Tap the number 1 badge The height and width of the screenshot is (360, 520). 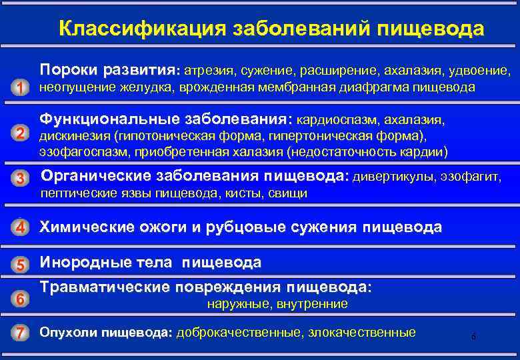[21, 88]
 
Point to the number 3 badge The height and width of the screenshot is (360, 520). [21, 179]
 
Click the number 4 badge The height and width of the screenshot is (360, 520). [21, 227]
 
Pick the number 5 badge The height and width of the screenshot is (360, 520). [21, 265]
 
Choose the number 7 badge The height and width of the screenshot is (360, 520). [21, 333]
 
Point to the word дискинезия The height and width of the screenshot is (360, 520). [75, 136]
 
